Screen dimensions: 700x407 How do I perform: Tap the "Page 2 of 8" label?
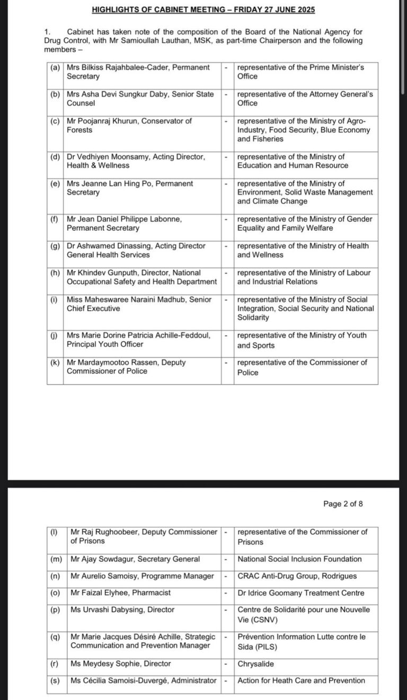(x=343, y=504)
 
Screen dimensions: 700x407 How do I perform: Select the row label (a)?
(x=55, y=68)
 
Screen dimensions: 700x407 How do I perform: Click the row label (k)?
(x=55, y=362)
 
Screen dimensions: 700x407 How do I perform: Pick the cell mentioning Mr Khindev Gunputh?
(x=141, y=277)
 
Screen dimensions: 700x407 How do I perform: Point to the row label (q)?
(x=54, y=637)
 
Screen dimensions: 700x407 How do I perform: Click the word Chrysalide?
(x=256, y=663)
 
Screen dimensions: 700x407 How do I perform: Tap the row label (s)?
(x=54, y=680)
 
